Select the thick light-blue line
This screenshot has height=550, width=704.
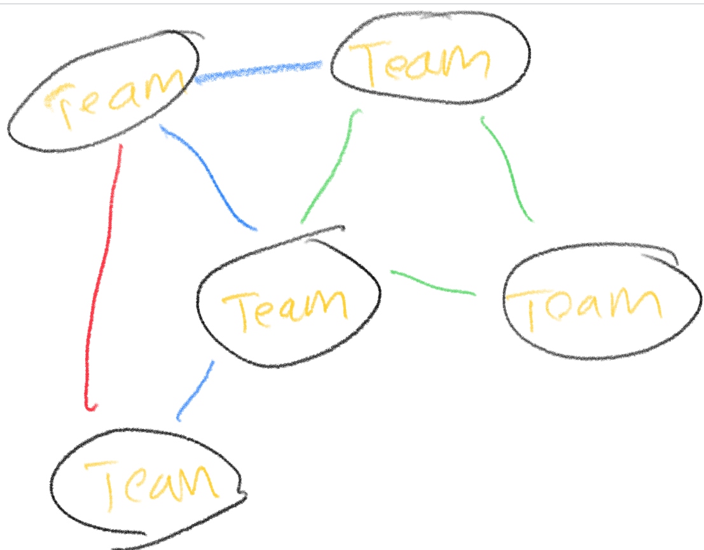point(258,72)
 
